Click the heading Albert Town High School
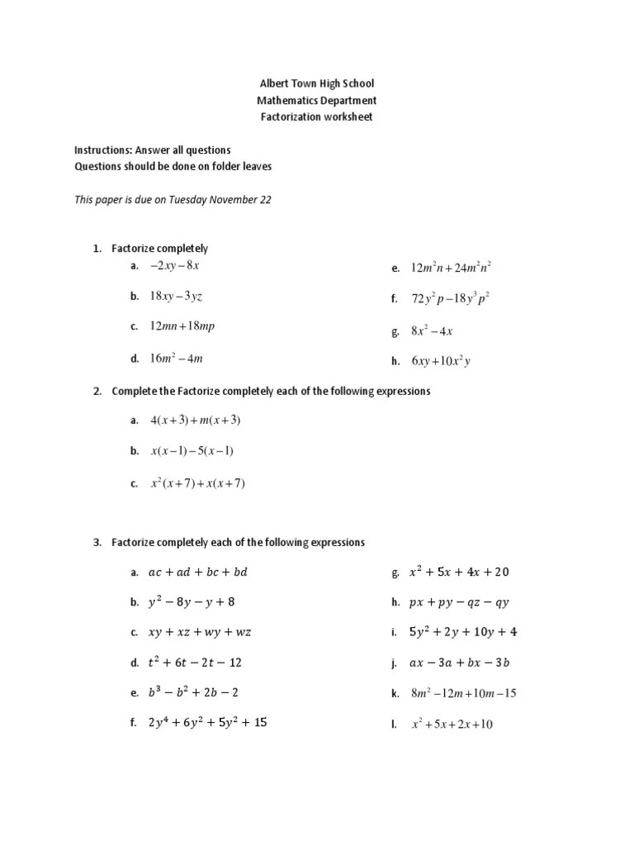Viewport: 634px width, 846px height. [317, 83]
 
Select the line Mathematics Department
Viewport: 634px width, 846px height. [317, 100]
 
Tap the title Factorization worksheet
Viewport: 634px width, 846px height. [317, 116]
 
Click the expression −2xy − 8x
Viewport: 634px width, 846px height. [175, 265]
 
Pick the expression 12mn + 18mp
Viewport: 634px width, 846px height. [182, 326]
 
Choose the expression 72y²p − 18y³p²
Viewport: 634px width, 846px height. [450, 299]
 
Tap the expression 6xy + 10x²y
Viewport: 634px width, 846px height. [441, 360]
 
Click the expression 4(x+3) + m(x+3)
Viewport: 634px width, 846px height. [196, 420]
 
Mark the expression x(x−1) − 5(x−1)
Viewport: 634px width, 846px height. [192, 451]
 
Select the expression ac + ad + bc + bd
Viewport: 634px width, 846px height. [197, 572]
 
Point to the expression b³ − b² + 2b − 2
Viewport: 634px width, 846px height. [194, 692]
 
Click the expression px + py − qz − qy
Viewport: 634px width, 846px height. [459, 602]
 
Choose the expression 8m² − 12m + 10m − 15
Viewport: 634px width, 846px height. [464, 693]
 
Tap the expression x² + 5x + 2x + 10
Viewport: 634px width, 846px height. [452, 725]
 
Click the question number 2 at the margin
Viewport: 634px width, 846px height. [97, 391]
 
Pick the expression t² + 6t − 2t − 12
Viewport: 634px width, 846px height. [195, 663]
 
